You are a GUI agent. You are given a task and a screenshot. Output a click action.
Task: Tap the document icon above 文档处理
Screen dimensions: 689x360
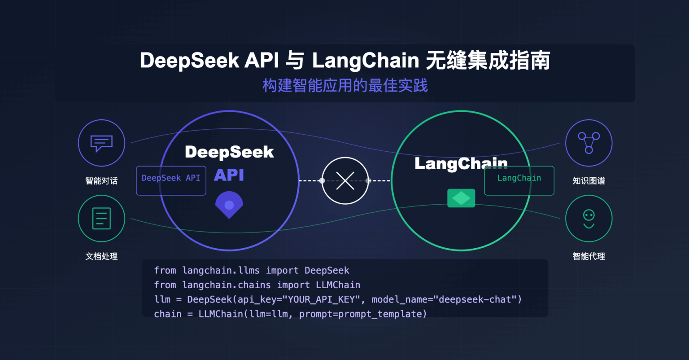pos(101,219)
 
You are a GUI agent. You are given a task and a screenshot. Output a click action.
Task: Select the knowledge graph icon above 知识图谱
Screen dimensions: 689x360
pos(589,143)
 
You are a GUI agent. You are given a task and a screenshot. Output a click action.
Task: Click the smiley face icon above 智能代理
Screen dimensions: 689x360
pos(589,219)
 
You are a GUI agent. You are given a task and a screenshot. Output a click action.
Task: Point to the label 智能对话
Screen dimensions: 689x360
pos(101,180)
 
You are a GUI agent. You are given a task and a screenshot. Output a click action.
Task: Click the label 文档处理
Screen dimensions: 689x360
pos(101,256)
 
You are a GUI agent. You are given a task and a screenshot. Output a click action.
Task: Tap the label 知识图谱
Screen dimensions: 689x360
pos(589,180)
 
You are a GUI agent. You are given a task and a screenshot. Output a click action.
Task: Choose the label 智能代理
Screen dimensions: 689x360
pos(589,256)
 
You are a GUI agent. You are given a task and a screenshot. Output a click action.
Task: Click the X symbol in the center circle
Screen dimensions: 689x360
pos(345,180)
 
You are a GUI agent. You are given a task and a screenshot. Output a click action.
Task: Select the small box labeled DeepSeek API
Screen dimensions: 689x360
pos(171,180)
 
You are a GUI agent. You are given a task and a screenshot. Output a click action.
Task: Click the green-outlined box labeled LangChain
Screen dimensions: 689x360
pos(519,180)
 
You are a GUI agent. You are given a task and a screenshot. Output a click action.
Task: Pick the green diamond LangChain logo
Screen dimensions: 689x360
pos(461,198)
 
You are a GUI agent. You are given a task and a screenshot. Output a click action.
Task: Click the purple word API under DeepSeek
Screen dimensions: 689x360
pos(229,175)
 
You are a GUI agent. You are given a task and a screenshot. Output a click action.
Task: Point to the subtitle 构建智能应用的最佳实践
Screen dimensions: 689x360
pos(345,85)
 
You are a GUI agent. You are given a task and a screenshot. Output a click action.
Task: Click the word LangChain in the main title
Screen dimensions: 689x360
pos(366,61)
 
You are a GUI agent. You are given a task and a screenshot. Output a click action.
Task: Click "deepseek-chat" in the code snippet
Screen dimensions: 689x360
pos(475,299)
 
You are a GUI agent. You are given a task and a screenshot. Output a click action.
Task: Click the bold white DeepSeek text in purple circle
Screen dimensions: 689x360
pos(229,152)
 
